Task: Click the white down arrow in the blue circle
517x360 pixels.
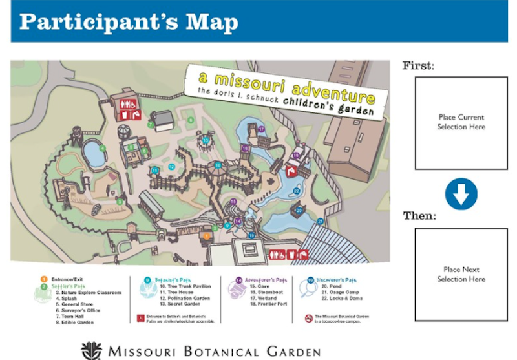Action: coord(461,194)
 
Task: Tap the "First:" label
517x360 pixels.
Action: coord(418,65)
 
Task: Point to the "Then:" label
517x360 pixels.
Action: coord(419,216)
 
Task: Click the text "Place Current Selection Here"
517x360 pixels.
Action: coord(461,122)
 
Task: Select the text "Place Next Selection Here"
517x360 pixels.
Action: coord(461,274)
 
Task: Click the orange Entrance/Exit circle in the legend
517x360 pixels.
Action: coord(43,279)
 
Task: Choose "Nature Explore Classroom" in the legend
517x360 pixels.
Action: coord(90,292)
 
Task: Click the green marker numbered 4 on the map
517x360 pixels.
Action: coord(102,148)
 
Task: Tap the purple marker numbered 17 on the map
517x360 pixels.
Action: coord(261,129)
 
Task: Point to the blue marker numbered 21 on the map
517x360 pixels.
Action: coord(319,221)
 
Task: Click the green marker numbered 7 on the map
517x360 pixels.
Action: coord(150,124)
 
